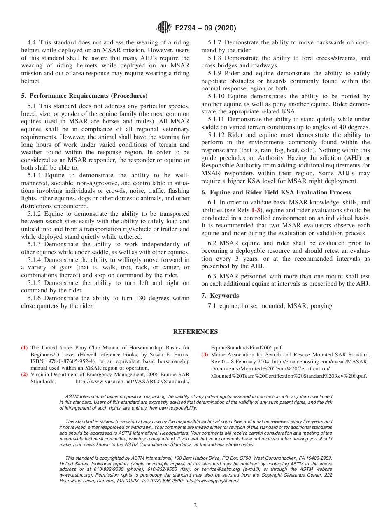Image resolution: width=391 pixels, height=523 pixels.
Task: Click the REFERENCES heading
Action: pos(195,332)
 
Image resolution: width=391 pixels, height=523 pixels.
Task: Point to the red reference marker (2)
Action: pos(24,375)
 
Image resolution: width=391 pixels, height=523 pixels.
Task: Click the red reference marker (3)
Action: pos(205,354)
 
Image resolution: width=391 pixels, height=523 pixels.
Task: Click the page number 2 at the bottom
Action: pos(195,505)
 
